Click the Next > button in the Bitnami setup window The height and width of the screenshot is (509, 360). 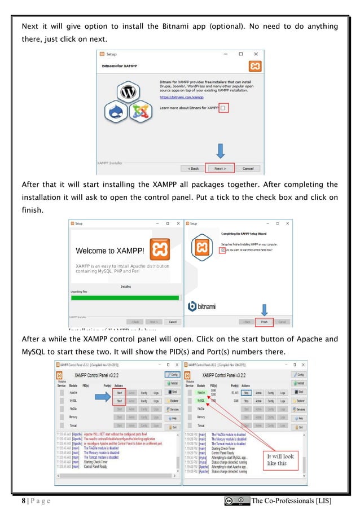pos(217,168)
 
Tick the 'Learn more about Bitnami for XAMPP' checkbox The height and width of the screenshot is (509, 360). pos(224,107)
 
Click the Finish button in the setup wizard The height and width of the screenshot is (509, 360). pos(264,322)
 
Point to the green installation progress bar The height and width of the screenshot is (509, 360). pos(124,297)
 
